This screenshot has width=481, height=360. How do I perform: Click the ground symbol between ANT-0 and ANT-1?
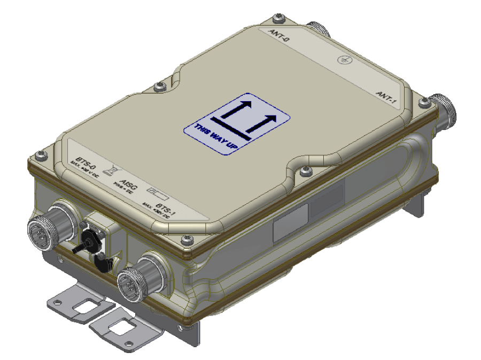345,60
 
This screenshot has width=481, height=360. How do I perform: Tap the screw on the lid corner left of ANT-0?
277,18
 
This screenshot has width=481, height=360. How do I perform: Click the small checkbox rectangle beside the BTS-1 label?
156,191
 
